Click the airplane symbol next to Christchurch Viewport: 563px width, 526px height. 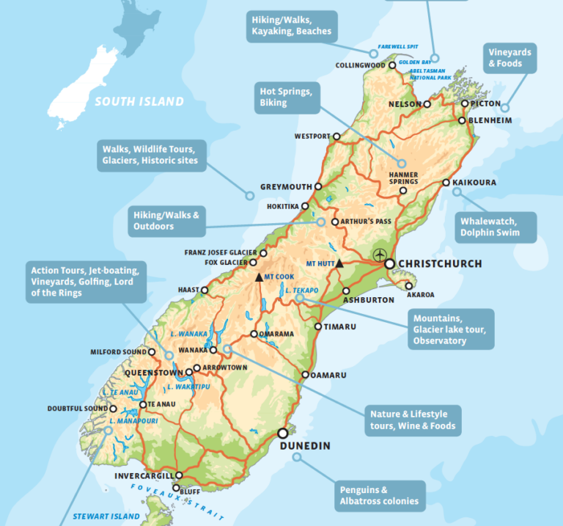tap(379, 255)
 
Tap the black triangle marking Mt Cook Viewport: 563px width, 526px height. tap(258, 277)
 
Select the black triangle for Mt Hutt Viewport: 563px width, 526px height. tap(339, 263)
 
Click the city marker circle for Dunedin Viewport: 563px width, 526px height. tap(282, 432)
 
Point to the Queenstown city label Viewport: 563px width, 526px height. tap(153, 373)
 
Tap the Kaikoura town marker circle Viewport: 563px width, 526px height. tap(446, 183)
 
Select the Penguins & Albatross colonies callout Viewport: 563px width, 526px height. tap(379, 495)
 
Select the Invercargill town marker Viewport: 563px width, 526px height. tap(178, 475)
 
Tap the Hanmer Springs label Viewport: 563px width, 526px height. tap(403, 178)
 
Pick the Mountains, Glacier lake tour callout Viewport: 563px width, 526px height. tap(450, 329)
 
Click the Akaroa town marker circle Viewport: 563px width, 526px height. tap(408, 286)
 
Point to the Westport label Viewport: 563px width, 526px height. tap(312, 136)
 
